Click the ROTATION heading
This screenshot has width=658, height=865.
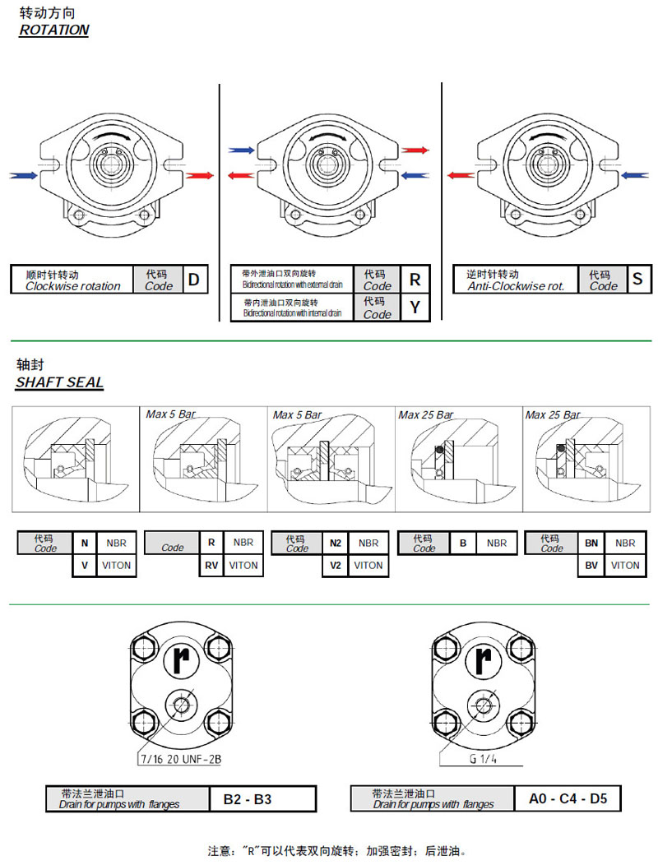click(53, 30)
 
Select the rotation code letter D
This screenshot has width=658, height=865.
click(193, 280)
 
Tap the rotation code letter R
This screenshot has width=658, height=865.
click(415, 280)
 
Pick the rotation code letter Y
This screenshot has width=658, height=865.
click(415, 308)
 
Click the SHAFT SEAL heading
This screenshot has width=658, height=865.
click(60, 382)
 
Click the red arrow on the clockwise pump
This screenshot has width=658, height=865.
click(199, 175)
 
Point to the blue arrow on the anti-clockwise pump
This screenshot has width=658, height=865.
click(636, 175)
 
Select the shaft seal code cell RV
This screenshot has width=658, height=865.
click(211, 565)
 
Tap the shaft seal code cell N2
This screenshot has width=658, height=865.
click(336, 543)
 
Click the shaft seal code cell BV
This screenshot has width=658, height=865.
click(591, 565)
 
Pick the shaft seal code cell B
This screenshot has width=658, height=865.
click(463, 543)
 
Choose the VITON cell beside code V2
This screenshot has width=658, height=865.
click(368, 565)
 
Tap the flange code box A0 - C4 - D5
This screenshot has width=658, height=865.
click(568, 798)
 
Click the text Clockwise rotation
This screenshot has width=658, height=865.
click(72, 286)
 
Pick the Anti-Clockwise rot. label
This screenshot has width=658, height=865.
click(516, 286)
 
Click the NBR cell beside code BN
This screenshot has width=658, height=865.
click(625, 543)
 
